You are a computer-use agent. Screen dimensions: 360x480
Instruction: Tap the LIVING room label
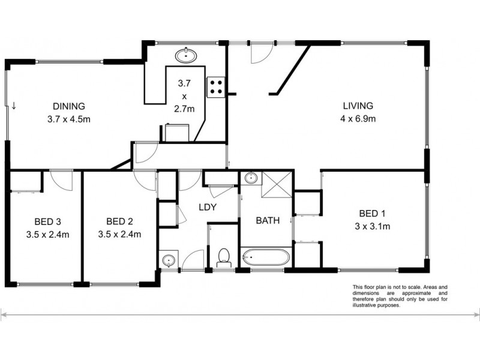[x=358, y=106]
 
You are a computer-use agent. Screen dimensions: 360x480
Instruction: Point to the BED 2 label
[x=119, y=221]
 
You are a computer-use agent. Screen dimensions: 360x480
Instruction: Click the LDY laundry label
[x=207, y=208]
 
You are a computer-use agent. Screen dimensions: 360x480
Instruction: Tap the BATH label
[x=268, y=220]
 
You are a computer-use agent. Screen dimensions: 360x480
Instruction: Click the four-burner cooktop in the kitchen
[x=216, y=87]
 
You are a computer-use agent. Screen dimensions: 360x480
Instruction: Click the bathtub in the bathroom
[x=266, y=258]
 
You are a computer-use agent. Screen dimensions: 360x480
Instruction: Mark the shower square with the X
[x=277, y=184]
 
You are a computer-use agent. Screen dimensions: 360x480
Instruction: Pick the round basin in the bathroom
[x=251, y=178]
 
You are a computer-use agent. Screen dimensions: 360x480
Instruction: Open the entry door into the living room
[x=259, y=54]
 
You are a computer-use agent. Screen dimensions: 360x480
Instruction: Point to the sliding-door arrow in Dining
[x=13, y=107]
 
